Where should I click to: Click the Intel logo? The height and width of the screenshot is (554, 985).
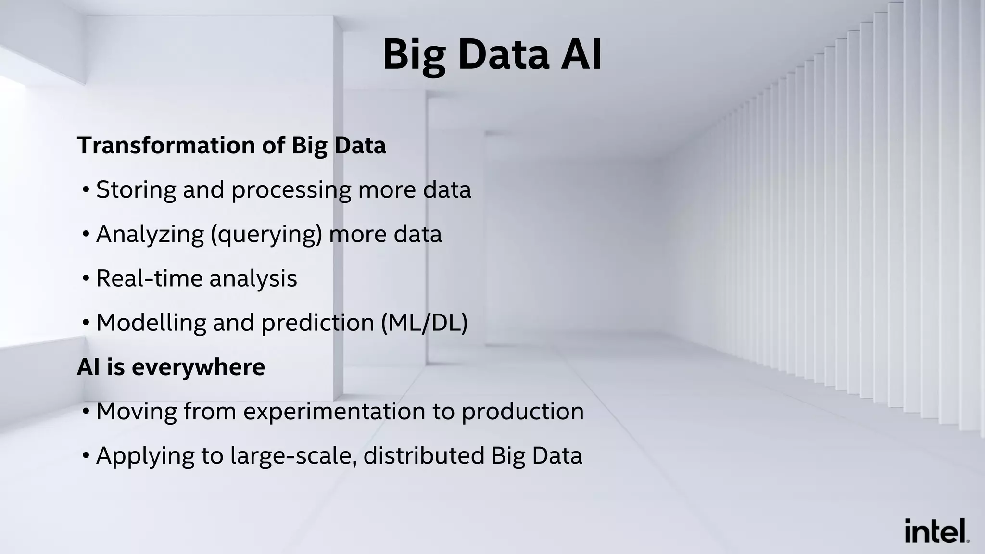(936, 531)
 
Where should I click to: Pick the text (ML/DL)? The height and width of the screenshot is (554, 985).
(424, 323)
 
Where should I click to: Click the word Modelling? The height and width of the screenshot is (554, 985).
(151, 323)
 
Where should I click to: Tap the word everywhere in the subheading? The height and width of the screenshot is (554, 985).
(198, 367)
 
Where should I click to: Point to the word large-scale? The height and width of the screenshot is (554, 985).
(293, 456)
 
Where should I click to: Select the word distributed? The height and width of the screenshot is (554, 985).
(424, 455)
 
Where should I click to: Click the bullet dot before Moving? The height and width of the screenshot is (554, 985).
(86, 412)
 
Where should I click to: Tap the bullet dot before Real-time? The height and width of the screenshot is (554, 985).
(86, 279)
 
